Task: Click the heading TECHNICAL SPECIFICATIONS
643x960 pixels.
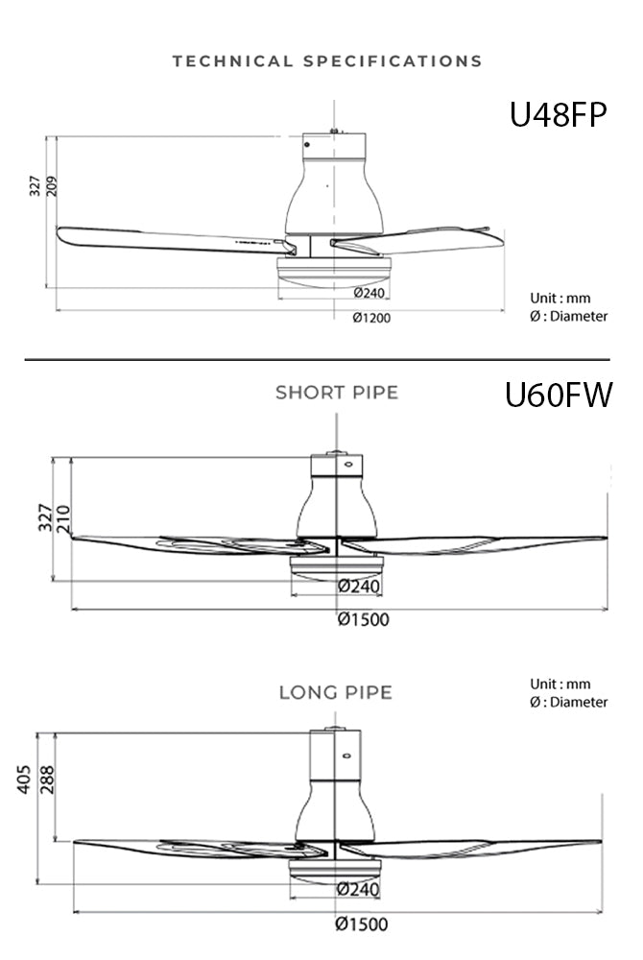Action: pos(327,61)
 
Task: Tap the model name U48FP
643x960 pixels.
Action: pos(559,114)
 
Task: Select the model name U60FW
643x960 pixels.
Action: pos(558,395)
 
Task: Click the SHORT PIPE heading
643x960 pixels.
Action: pos(337,393)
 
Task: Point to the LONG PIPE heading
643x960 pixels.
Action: pos(336,692)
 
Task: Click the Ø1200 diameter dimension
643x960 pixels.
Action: pos(371,319)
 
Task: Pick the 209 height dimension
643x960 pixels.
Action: pos(52,186)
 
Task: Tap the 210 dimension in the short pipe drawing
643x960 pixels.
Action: pos(63,519)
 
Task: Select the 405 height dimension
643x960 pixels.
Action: pos(25,780)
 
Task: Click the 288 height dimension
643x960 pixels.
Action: pos(46,780)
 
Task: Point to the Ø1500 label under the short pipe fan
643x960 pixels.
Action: pos(364,619)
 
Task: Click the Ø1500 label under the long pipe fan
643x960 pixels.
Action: pos(363,924)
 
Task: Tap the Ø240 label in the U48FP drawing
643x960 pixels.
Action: pos(369,293)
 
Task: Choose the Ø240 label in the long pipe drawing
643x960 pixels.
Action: pos(358,890)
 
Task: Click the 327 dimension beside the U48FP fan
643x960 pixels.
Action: pos(35,186)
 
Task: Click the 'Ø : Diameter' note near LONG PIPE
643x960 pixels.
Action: pos(569,702)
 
